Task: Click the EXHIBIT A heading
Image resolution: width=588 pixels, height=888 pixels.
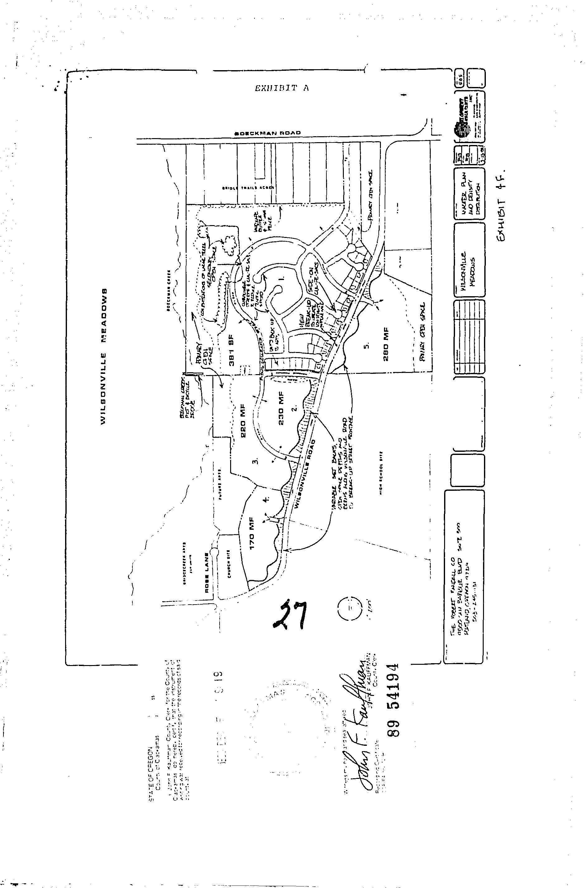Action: [x=282, y=89]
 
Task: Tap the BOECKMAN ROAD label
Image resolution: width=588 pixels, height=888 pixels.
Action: [x=268, y=133]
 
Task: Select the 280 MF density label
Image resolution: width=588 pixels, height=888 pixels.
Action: [x=386, y=345]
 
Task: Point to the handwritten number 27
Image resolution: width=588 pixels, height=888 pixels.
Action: [x=289, y=614]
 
